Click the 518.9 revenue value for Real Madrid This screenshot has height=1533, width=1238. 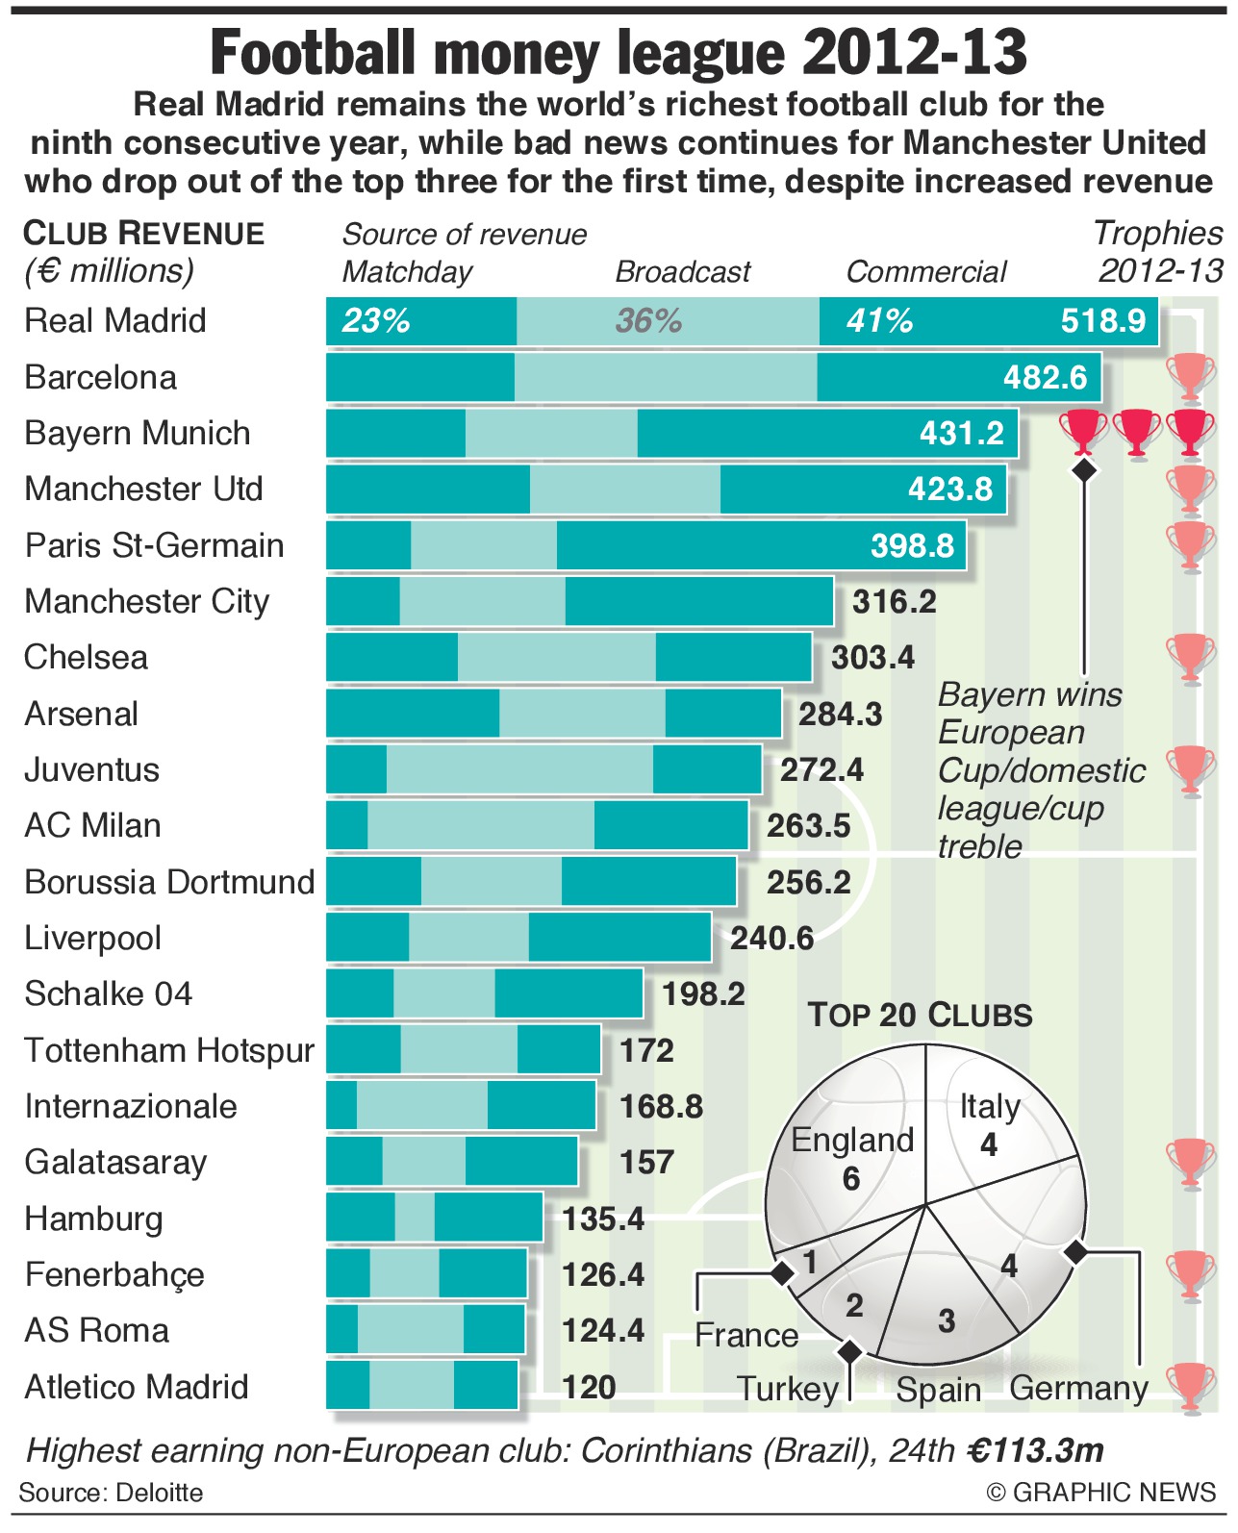pos(1102,321)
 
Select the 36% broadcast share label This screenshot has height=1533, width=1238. pos(648,321)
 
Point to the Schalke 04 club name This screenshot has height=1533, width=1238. pos(109,993)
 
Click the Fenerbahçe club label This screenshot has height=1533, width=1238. pos(114,1274)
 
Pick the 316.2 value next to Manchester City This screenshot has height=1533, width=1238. pos(894,602)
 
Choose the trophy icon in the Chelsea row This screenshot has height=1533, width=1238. pos(1191,658)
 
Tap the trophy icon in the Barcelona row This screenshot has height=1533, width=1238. pos(1191,376)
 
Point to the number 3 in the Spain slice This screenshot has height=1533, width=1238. pos(947,1320)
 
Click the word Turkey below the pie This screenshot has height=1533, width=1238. pos(788,1389)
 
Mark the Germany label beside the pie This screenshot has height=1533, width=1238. pos(1078,1388)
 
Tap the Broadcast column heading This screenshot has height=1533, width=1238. pos(682,272)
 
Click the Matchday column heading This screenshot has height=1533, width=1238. pos(407,272)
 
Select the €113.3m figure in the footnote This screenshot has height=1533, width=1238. pos(1035,1449)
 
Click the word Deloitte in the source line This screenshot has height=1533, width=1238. pos(159,1493)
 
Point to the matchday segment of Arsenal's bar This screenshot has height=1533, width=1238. pos(413,714)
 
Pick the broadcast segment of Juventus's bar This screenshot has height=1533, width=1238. pos(519,769)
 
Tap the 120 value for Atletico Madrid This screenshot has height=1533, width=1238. pos(589,1387)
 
